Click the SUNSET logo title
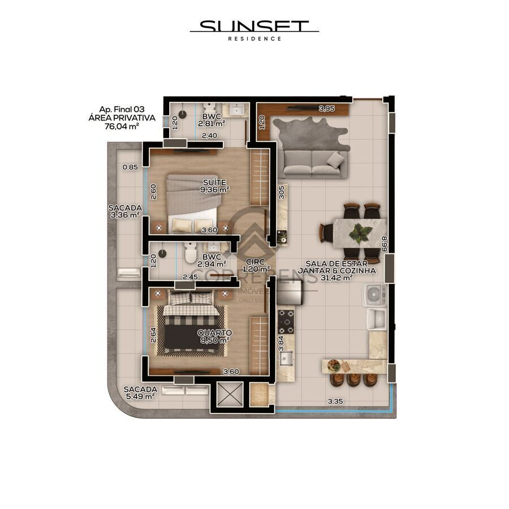[254, 26]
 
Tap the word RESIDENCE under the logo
[254, 38]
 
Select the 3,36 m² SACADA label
[124, 211]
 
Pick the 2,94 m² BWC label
[214, 260]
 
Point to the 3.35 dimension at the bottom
[336, 402]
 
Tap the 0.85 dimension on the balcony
[130, 167]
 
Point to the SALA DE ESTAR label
[337, 264]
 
